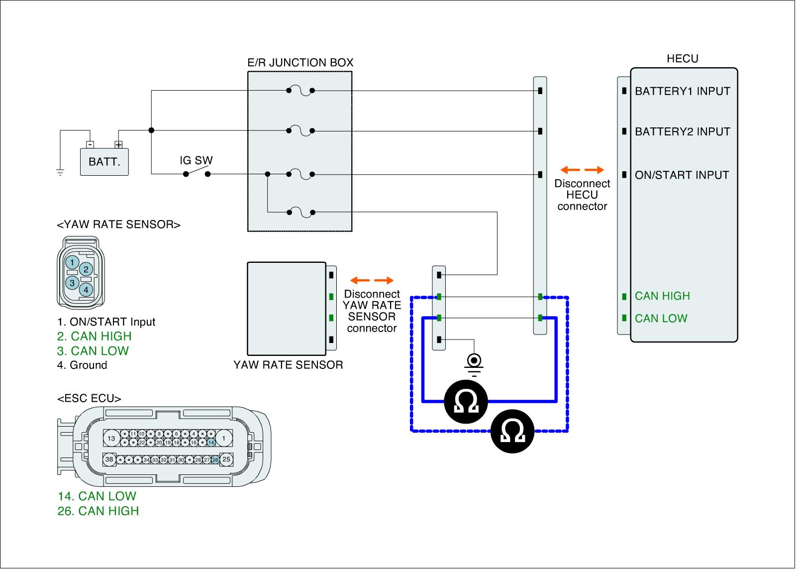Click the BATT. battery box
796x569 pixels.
[104, 162]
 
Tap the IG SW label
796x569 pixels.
[196, 161]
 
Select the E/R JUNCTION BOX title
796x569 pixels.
[300, 63]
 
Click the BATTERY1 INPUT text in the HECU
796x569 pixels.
[682, 91]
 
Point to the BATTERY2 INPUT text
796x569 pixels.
[682, 132]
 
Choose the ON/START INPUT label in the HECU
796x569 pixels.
[682, 175]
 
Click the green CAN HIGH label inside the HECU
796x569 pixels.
[662, 296]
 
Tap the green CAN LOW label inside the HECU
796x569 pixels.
[661, 319]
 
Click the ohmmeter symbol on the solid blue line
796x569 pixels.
[466, 401]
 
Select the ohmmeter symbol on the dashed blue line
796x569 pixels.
[512, 431]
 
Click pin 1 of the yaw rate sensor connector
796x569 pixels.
[73, 262]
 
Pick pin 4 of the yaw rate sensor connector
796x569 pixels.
[86, 289]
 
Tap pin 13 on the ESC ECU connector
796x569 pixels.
[111, 439]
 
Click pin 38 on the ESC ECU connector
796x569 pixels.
[109, 459]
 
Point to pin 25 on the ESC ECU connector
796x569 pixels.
[226, 459]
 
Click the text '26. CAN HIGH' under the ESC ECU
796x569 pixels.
[98, 511]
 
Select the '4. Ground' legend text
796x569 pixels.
[82, 365]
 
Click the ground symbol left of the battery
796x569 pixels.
[60, 173]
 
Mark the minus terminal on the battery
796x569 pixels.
[90, 145]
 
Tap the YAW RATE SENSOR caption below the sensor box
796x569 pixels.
[288, 365]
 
